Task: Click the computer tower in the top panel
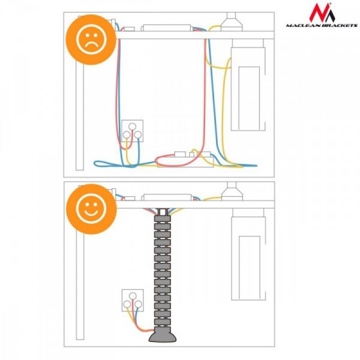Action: click(x=249, y=83)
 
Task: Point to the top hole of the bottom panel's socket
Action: click(x=133, y=295)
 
